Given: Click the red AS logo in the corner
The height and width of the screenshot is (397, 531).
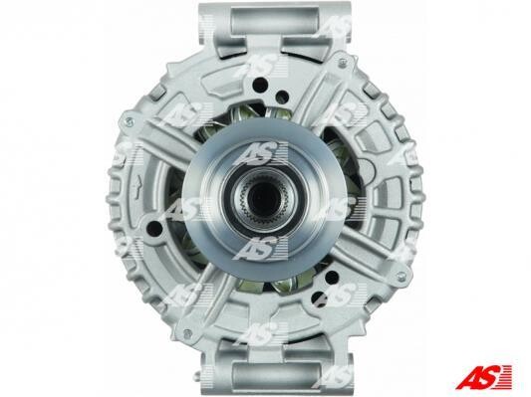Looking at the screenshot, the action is click(x=483, y=377).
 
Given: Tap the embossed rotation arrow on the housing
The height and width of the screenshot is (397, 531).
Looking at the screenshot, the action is click(x=137, y=188).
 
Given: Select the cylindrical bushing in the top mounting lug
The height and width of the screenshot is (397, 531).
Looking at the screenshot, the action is click(x=275, y=20).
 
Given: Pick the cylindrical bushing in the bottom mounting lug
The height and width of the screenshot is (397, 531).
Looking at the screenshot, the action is click(x=276, y=375).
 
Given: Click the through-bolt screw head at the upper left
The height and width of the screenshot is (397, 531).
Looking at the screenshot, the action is click(x=130, y=121).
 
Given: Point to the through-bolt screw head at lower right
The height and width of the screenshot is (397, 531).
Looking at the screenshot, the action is click(x=401, y=277).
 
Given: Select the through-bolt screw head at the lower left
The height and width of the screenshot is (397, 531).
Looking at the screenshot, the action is click(x=186, y=333).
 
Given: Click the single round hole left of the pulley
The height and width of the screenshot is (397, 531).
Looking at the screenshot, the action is click(x=155, y=228).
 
